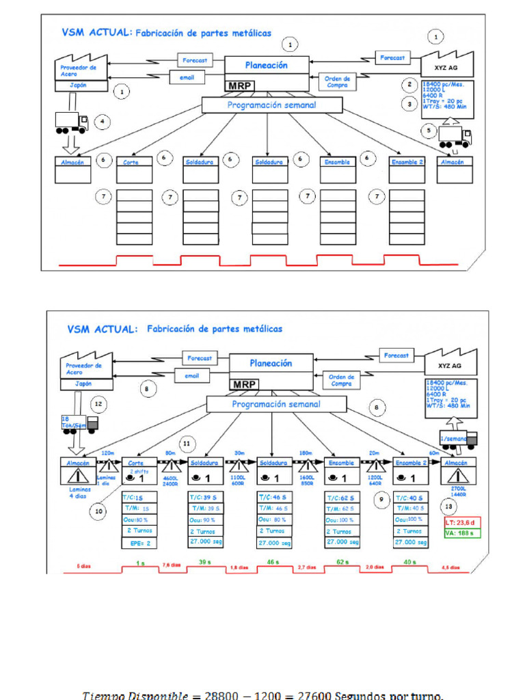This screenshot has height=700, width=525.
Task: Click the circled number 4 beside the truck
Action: tap(102, 122)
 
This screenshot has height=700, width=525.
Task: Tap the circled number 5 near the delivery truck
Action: tap(429, 129)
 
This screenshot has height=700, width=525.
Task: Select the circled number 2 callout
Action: tap(409, 85)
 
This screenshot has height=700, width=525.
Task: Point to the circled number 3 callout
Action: tap(409, 105)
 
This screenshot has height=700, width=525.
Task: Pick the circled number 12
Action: tap(98, 404)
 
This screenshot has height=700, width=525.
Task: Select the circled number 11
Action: tap(187, 443)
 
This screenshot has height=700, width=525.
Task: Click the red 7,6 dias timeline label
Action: tap(171, 566)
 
